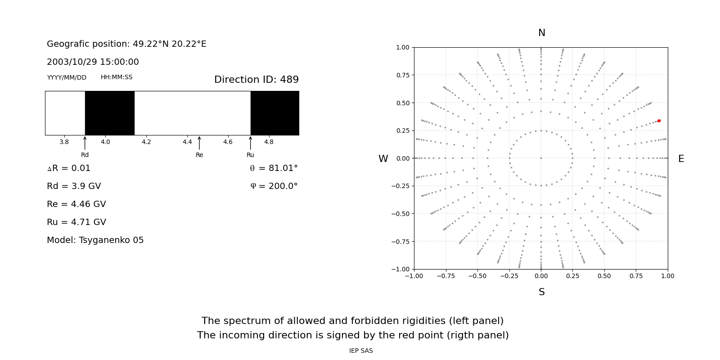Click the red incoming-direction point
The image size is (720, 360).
pos(659,121)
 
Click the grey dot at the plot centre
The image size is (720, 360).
pos(541,158)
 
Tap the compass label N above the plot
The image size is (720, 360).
pos(542,33)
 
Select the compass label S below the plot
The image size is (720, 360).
pos(542,292)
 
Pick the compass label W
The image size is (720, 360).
pos(383,159)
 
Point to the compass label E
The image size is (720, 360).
pos(681,159)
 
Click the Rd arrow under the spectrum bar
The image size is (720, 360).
pos(85,143)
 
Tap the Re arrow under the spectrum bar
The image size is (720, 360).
pos(199,143)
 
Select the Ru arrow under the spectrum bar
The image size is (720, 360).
pos(251,143)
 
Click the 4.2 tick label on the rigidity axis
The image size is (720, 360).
pos(146,142)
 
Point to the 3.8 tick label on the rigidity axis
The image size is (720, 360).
pos(64,142)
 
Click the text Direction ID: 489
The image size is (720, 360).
pos(256,80)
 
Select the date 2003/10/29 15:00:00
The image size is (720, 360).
pos(93,62)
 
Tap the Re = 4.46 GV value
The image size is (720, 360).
pos(76,204)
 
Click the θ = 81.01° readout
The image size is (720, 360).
pos(274,168)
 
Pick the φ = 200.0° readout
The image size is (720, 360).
pos(274,186)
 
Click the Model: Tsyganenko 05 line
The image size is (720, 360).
pos(95,240)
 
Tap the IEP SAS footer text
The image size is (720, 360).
pos(361,351)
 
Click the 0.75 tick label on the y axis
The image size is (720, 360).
pos(403,75)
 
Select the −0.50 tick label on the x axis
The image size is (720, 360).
pos(477,276)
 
